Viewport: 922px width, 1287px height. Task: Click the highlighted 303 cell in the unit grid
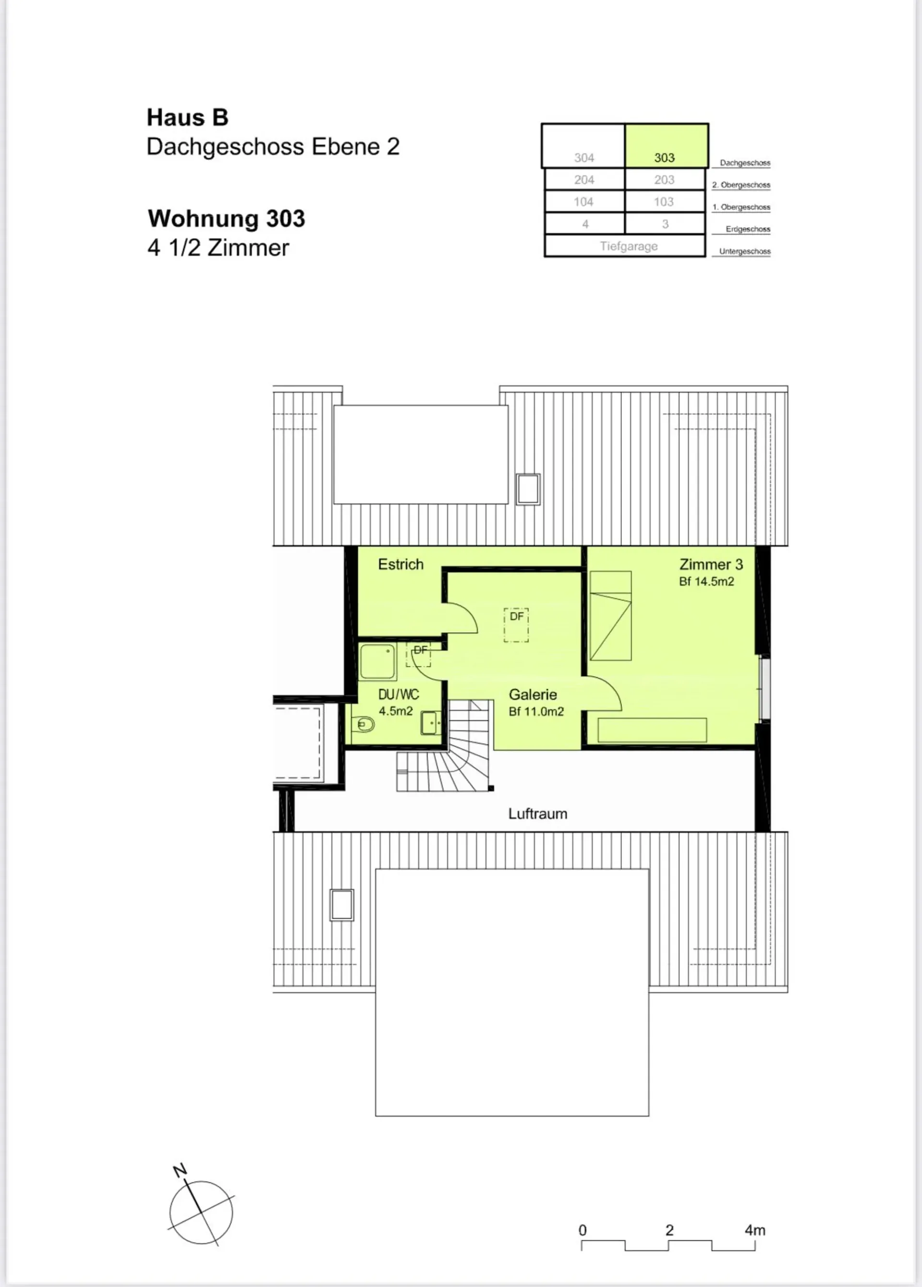coord(667,146)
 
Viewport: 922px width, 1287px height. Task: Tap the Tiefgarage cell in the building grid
coord(625,246)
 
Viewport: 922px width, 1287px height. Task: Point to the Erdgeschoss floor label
coord(748,229)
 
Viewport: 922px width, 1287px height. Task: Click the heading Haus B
coord(188,118)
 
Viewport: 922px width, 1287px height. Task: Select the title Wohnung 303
coord(226,219)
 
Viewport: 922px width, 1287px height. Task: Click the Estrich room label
coord(400,564)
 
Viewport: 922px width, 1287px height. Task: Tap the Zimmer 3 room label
coord(711,564)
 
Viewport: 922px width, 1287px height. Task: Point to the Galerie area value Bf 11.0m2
coord(536,712)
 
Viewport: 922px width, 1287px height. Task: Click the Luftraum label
coord(538,813)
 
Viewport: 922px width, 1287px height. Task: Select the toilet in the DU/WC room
coord(363,725)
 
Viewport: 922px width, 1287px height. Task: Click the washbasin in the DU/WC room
coord(431,723)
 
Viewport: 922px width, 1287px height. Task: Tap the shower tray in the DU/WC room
coord(377,662)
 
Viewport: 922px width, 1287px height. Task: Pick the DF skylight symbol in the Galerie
coord(516,625)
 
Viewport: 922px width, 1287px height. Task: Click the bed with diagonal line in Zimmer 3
coord(610,616)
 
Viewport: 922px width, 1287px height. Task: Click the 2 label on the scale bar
coord(669,1230)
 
